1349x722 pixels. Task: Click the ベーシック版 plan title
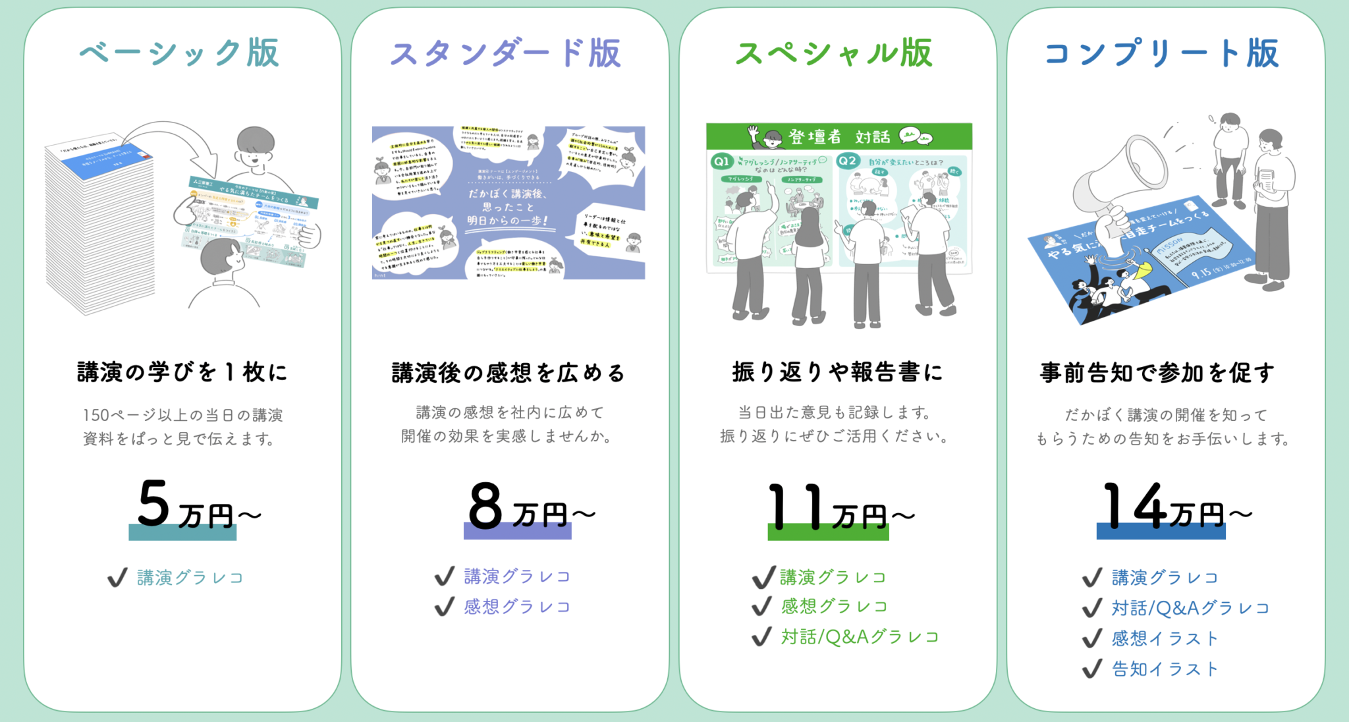coord(179,53)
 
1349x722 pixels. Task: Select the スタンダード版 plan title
coord(506,53)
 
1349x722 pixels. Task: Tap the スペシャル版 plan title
coord(834,53)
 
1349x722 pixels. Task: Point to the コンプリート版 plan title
coord(1162,53)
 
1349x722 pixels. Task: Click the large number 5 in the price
coord(154,504)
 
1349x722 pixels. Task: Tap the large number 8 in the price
coord(485,506)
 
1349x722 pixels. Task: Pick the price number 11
coord(796,506)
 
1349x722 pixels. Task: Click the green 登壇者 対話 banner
coord(839,136)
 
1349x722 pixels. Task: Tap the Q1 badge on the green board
coord(722,161)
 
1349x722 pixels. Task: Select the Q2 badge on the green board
coord(848,161)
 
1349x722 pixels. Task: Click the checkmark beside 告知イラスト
coord(1091,669)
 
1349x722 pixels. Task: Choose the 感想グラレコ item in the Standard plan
coord(517,607)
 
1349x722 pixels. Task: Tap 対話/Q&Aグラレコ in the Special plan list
coord(860,637)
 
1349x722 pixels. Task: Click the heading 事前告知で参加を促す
coord(1157,373)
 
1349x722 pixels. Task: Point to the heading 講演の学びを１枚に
coord(182,372)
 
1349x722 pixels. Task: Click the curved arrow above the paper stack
coord(178,142)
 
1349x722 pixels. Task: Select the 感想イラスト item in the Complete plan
coord(1165,638)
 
